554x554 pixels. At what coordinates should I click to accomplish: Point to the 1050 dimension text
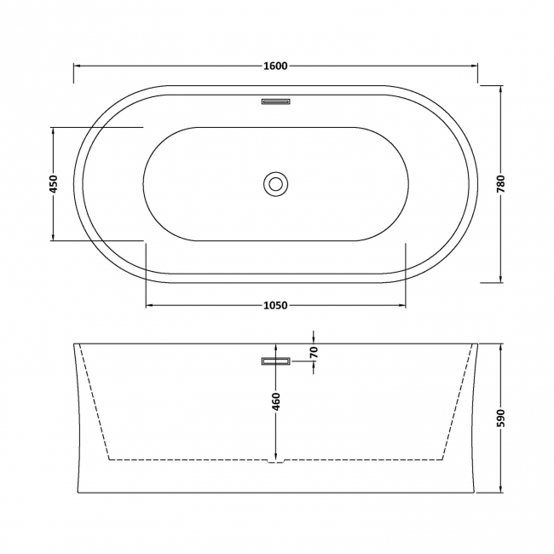(275, 305)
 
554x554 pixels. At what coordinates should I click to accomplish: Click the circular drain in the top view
(275, 183)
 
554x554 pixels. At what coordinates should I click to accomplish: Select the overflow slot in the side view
(275, 361)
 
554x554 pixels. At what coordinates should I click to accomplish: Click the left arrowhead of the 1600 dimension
(77, 66)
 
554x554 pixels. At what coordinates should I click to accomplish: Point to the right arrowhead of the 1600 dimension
(474, 66)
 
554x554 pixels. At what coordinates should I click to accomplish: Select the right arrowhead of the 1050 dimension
(401, 305)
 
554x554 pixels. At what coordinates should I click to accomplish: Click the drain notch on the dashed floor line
(275, 463)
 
